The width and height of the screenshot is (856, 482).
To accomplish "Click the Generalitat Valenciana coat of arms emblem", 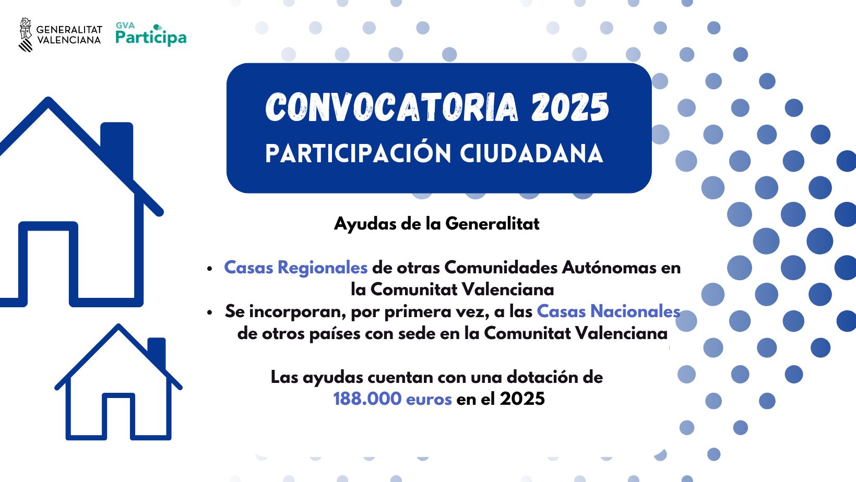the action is (26, 34).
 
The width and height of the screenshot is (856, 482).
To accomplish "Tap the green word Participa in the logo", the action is (151, 38).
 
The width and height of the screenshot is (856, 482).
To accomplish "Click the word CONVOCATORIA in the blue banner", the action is (391, 107).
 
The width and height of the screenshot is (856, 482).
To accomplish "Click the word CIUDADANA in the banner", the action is (531, 153).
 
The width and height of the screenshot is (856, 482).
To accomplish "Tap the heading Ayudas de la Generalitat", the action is (437, 224).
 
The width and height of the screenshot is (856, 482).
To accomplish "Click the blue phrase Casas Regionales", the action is (296, 268).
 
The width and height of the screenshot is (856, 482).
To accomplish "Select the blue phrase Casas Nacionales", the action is (609, 311).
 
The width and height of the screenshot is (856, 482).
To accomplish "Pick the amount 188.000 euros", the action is (393, 399).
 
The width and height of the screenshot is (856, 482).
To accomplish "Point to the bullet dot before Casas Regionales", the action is (209, 269).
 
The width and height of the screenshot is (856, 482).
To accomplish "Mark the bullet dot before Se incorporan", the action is (209, 312).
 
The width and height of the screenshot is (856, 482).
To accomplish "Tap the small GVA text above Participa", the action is (125, 26).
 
